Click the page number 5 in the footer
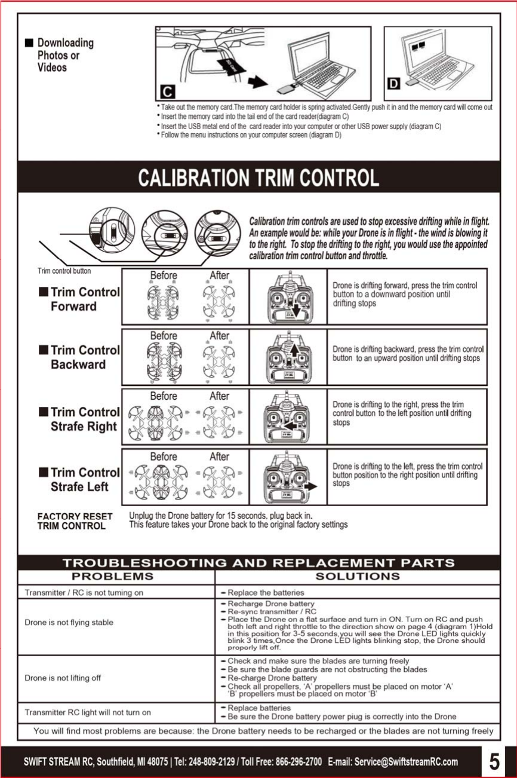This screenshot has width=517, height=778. click(x=494, y=761)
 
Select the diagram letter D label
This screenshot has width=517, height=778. click(x=394, y=82)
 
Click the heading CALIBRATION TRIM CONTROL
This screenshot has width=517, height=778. click(x=258, y=177)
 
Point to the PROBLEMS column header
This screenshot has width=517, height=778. click(x=112, y=577)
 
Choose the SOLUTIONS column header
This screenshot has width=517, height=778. click(x=357, y=577)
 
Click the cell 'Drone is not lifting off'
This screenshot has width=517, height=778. click(x=63, y=678)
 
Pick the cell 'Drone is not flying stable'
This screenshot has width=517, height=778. click(x=69, y=623)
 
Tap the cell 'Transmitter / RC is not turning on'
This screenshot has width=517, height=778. click(x=84, y=593)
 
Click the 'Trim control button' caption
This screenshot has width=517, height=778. click(x=64, y=271)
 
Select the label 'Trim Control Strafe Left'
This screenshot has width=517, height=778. click(x=79, y=480)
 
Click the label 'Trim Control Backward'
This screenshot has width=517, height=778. click(x=79, y=357)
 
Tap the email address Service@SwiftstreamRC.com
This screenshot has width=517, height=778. click(x=406, y=762)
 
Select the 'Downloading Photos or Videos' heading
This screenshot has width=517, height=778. click(x=64, y=55)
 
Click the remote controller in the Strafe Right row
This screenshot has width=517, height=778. click(x=288, y=417)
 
